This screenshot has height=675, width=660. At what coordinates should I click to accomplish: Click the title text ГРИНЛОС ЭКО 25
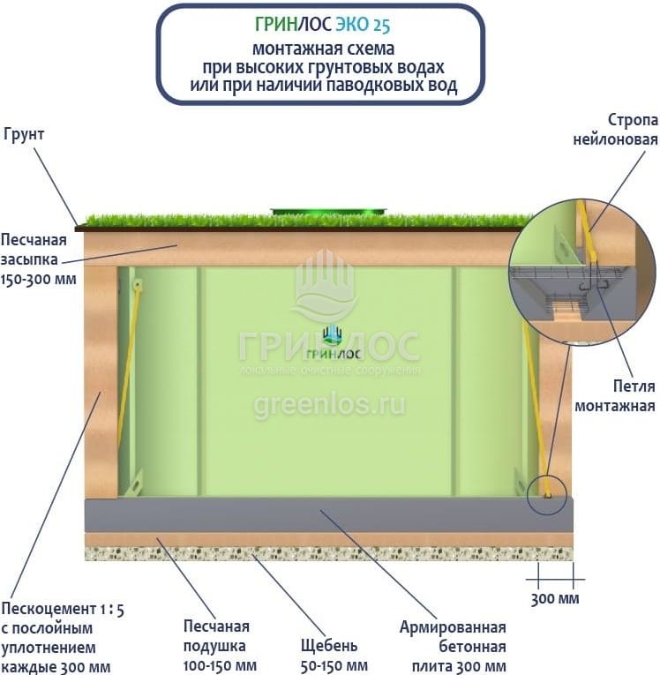pyautogui.click(x=322, y=25)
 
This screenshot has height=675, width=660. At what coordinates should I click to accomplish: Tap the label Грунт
pyautogui.click(x=24, y=134)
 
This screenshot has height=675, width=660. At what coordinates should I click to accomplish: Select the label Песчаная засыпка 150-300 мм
pyautogui.click(x=38, y=259)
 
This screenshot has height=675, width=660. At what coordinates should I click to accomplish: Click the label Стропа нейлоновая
pyautogui.click(x=616, y=130)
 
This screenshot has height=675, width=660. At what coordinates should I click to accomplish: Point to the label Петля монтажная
pyautogui.click(x=615, y=396)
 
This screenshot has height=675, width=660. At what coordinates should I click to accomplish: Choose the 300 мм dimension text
pyautogui.click(x=555, y=599)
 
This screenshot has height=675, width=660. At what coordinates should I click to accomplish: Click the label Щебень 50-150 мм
pyautogui.click(x=334, y=656)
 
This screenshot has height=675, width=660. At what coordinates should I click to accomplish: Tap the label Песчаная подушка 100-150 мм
pyautogui.click(x=220, y=646)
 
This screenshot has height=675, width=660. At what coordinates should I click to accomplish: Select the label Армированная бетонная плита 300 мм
pyautogui.click(x=453, y=647)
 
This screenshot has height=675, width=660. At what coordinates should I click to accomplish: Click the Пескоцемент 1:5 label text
pyautogui.click(x=63, y=609)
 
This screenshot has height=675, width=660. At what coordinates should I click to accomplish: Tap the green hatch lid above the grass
pyautogui.click(x=328, y=213)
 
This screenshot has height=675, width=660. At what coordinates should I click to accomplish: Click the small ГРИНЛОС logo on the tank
pyautogui.click(x=334, y=342)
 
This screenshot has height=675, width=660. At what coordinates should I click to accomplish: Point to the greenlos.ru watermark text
pyautogui.click(x=329, y=405)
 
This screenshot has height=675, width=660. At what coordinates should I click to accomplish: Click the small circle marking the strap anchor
pyautogui.click(x=547, y=496)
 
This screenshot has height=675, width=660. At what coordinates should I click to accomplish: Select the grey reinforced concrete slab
pyautogui.click(x=328, y=515)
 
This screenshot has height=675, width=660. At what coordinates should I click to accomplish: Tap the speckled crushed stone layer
pyautogui.click(x=328, y=553)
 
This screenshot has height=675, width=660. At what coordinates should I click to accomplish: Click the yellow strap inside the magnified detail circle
pyautogui.click(x=586, y=232)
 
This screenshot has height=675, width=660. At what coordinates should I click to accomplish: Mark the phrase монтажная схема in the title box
pyautogui.click(x=323, y=49)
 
